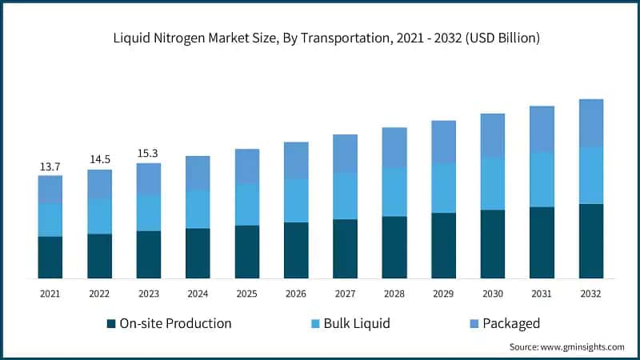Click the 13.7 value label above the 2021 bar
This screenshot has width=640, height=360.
tap(50, 166)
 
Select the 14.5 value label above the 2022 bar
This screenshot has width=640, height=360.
tap(99, 160)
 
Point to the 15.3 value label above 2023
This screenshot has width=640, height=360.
tap(148, 154)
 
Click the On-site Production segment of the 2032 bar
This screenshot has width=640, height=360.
tap(590, 241)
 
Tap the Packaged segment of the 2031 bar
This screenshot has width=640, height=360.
tap(542, 129)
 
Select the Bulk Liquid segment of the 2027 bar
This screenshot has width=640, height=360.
tap(345, 196)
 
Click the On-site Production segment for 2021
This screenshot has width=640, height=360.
tap(50, 257)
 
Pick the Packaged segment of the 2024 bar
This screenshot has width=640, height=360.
tap(198, 173)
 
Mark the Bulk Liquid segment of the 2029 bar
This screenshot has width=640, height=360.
tap(443, 188)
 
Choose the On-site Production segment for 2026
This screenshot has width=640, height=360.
tap(296, 250)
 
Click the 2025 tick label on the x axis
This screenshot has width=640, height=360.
tap(246, 294)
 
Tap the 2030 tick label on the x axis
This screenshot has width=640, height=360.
tap(492, 294)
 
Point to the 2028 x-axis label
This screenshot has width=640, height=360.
tap(394, 294)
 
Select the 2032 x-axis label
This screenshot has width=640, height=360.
tap(590, 294)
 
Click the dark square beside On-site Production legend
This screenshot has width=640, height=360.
tap(110, 324)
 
